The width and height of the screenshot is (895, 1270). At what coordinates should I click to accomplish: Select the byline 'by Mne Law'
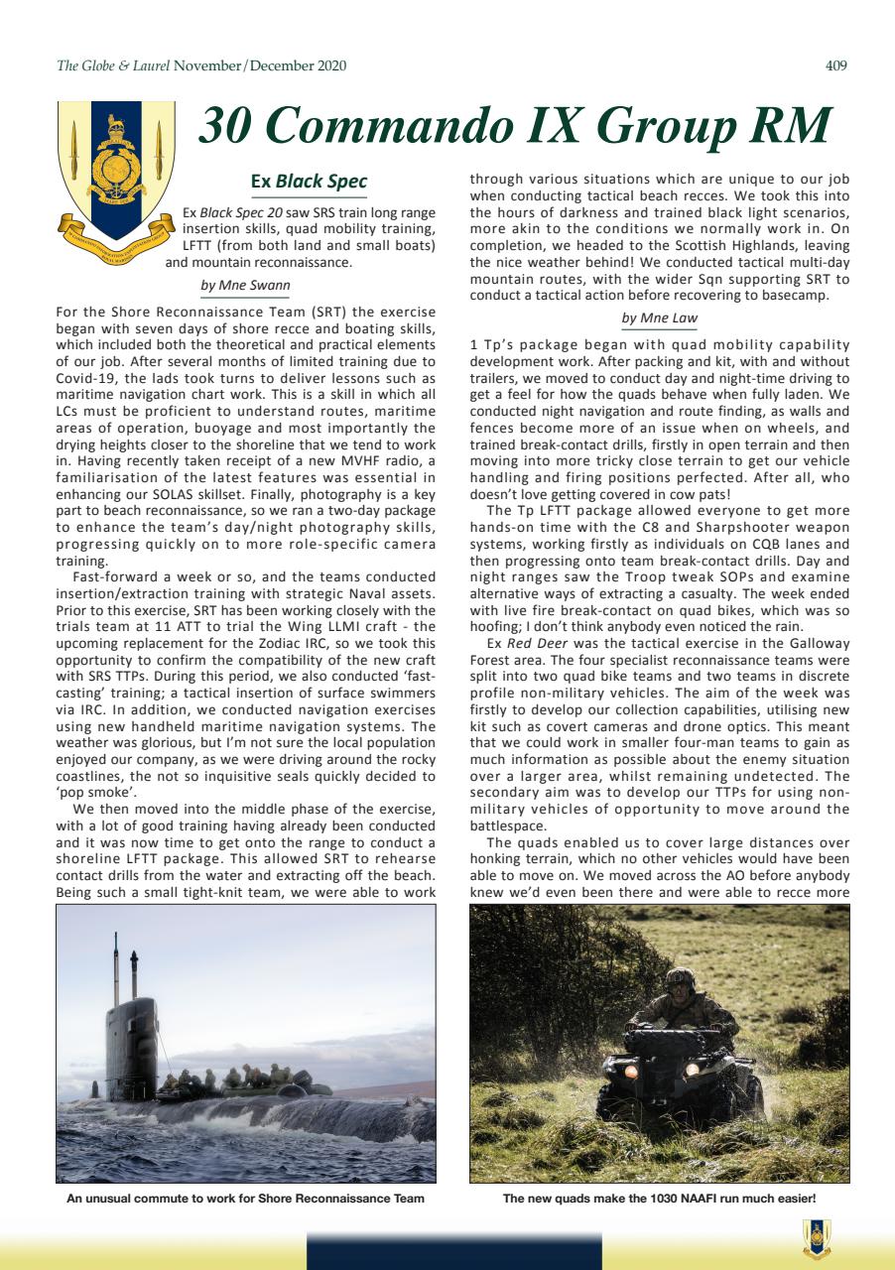click(660, 317)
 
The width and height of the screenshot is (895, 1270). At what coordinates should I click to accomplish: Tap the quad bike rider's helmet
click(680, 982)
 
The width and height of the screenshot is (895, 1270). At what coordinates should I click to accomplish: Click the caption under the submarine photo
click(245, 1199)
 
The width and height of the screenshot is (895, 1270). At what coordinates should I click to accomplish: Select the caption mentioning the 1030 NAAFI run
click(659, 1199)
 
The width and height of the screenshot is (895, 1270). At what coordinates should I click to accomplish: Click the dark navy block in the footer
click(453, 1250)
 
